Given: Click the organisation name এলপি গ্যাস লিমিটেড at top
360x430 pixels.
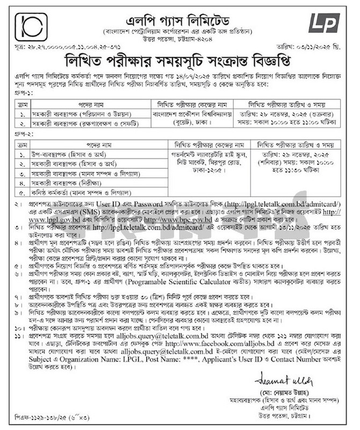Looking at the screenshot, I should pos(179,23).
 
